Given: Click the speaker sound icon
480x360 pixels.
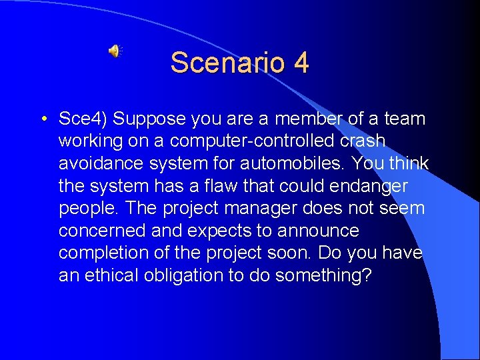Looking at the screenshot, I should coord(115,51).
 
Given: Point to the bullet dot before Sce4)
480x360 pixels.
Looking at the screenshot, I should coord(42,120).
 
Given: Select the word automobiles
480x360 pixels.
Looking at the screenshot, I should coord(298,164).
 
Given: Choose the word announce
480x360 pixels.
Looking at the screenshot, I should coord(320,231).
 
